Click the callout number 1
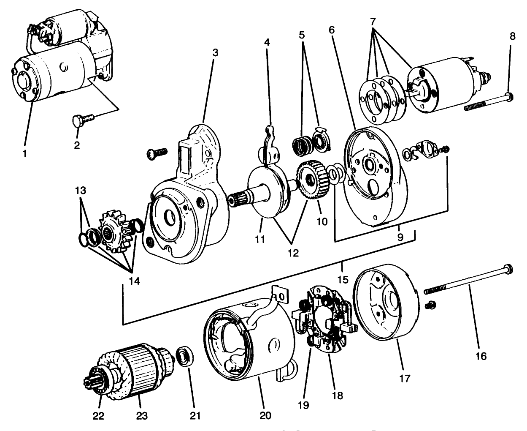(24, 154)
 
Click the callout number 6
(331, 30)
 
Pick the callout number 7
(373, 20)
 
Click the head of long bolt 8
(509, 97)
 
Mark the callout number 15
(342, 279)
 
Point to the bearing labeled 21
(185, 356)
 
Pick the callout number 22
(98, 416)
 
